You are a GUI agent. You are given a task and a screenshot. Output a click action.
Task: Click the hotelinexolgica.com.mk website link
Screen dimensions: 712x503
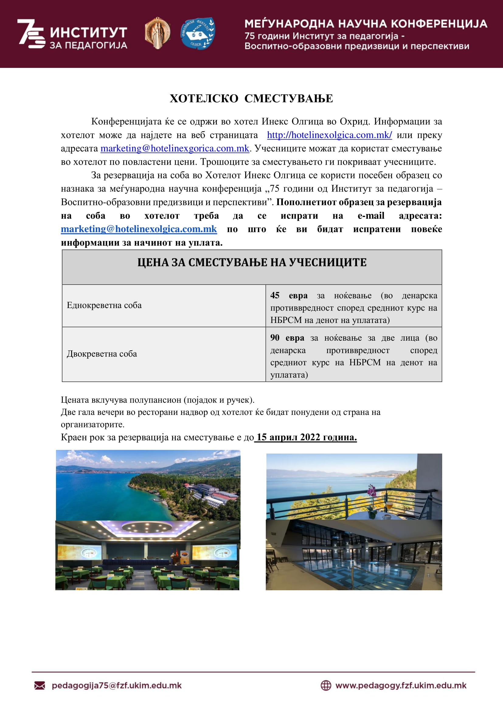(329, 135)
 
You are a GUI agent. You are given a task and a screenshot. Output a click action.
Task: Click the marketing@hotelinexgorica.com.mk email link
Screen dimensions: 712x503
(175, 148)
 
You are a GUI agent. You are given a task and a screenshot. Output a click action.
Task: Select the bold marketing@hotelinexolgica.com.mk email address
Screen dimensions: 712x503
(139, 229)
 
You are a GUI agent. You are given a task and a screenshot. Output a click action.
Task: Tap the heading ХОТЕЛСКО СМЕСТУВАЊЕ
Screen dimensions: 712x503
(251, 98)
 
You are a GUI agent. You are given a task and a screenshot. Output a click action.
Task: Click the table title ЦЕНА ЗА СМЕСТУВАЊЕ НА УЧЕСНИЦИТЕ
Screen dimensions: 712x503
(252, 262)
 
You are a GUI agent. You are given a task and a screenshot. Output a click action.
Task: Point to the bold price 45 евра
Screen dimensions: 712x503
(289, 295)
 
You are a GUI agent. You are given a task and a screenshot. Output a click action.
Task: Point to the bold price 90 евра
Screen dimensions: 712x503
(287, 338)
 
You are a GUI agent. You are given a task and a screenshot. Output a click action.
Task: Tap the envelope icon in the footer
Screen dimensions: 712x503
(40, 685)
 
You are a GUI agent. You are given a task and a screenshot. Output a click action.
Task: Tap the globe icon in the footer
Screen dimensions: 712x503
(325, 685)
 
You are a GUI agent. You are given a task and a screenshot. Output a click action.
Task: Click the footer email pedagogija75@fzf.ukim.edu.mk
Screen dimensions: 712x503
(116, 685)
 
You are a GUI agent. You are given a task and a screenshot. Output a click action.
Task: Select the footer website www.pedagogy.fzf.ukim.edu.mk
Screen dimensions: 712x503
(401, 685)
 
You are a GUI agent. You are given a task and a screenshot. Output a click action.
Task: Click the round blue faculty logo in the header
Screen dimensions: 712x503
(198, 33)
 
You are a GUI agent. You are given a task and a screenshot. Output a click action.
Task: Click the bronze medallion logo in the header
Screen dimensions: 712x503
(157, 33)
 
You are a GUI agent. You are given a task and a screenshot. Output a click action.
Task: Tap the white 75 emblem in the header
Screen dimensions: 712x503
(31, 33)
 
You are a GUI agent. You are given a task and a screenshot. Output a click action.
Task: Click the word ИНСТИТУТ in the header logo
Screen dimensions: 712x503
(88, 32)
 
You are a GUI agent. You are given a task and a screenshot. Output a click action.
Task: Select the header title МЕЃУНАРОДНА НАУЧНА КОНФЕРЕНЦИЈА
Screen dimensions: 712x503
(366, 24)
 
